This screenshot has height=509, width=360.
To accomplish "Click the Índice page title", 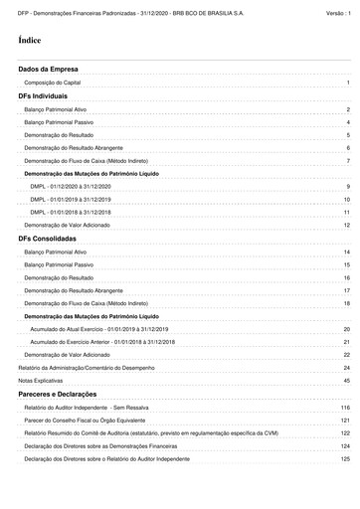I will pyautogui.click(x=29, y=40).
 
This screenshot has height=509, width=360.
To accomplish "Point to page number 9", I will pyautogui.click(x=348, y=187).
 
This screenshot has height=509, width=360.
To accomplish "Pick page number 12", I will pyautogui.click(x=347, y=226).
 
